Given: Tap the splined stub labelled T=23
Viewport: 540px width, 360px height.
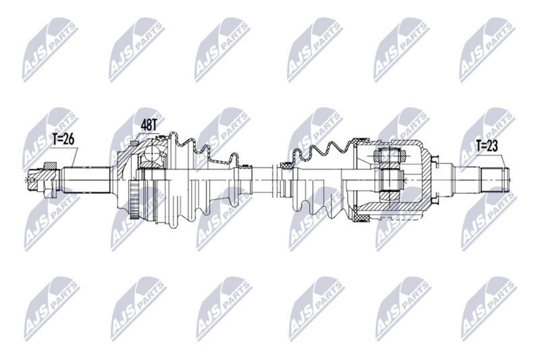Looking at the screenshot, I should [492, 177].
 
